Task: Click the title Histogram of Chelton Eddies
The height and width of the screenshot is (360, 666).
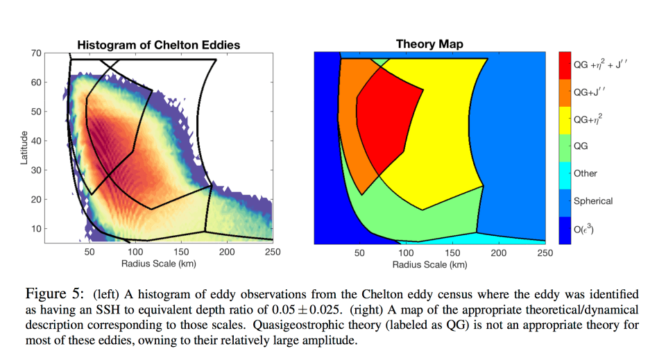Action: point(158,45)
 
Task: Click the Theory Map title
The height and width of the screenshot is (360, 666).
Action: point(429,44)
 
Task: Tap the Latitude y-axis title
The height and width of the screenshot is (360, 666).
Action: point(25,148)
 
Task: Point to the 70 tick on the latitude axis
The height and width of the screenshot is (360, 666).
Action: point(36,53)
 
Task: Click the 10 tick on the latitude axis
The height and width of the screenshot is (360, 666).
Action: point(36,229)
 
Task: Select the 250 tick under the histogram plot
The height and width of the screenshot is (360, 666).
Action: point(272,253)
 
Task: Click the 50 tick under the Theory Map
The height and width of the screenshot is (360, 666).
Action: point(359,253)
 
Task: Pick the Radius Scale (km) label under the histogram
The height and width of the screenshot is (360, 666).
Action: point(158,265)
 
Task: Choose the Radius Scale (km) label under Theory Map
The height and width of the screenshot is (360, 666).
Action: point(429,265)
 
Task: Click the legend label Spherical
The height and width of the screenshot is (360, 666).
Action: point(592,201)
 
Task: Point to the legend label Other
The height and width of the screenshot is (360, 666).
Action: point(585,174)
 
